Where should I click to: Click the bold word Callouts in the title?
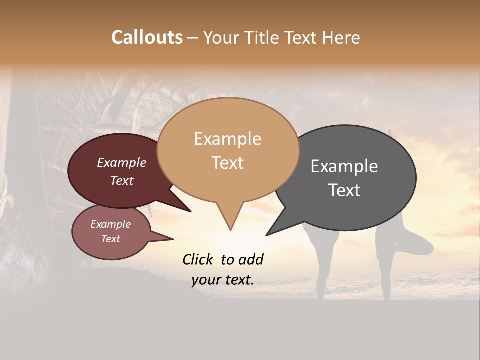pos(147,38)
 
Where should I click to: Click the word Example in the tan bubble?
pos(227,139)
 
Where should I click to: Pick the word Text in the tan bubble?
pos(227,163)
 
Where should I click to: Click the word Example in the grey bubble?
pos(344,166)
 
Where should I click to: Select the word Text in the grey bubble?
pos(344,190)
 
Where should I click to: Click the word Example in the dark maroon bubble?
pos(121,163)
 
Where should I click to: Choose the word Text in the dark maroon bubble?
pos(121,181)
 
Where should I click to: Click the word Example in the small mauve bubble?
pos(110,224)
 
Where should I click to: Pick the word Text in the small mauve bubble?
pos(110,239)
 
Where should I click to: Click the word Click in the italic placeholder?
pos(198,259)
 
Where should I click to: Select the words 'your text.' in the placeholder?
pos(222,280)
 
